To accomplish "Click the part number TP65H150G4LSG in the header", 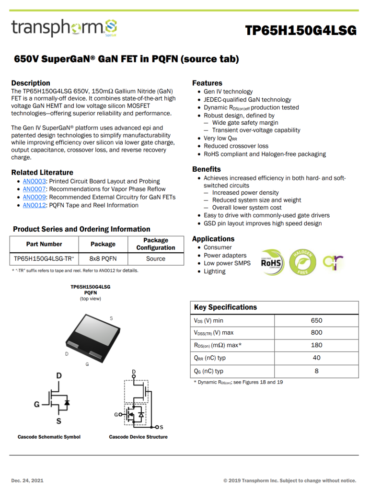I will (x=301, y=31).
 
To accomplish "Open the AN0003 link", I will (x=34, y=181).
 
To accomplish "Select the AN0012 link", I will (x=34, y=205).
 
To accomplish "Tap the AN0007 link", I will (x=34, y=189).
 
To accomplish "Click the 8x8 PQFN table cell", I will (x=103, y=258).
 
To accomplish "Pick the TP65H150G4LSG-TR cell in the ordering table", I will (x=44, y=258).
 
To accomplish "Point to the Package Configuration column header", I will (x=156, y=244).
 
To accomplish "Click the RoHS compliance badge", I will (x=271, y=261).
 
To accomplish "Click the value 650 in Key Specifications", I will (x=316, y=320).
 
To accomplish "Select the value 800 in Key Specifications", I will (x=316, y=333).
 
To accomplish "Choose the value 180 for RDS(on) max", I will (x=316, y=345).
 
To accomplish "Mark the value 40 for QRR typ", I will (x=316, y=358).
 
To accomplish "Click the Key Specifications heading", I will (x=225, y=307).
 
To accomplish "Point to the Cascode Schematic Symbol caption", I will (x=49, y=437).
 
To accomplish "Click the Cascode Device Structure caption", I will (x=138, y=437).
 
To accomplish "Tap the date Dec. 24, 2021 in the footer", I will (x=27, y=480).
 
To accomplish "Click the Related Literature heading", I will (x=42, y=173).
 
